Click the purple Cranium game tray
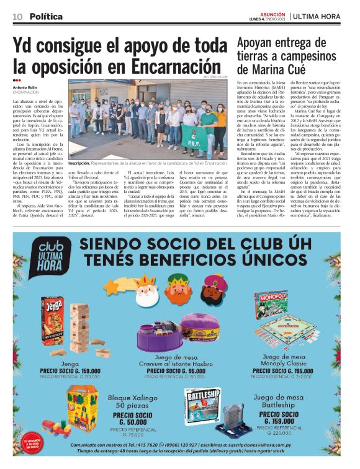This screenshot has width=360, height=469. click(176, 337)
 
